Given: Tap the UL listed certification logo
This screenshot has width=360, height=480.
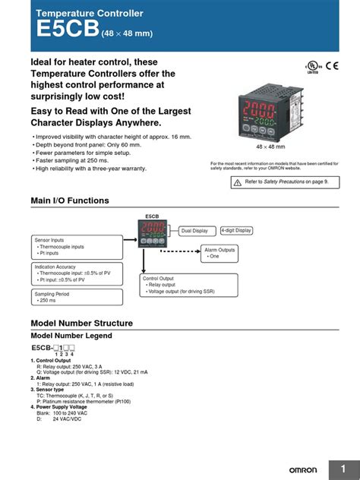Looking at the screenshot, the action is (311, 67).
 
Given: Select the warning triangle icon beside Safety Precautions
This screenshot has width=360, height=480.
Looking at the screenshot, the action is (237, 182).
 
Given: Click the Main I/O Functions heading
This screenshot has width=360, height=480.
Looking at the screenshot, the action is (70, 201).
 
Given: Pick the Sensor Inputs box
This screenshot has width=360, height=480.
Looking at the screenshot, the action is (76, 246).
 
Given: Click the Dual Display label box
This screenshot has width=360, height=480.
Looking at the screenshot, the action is (194, 230).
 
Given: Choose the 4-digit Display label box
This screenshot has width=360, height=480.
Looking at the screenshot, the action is (237, 230).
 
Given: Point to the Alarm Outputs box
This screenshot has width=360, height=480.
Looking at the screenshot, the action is (220, 254).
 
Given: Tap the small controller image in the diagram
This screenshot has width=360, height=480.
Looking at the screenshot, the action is (152, 232).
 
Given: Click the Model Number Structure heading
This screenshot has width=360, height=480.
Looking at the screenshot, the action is (81, 323).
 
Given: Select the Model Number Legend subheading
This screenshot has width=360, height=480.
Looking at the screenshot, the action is (71, 336).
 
